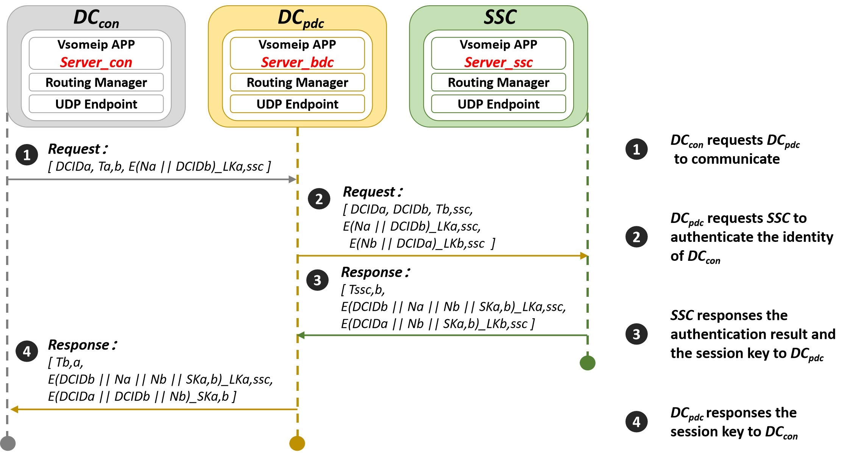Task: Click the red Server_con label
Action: point(96,62)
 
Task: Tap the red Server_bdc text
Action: point(297,62)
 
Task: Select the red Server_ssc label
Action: point(498,62)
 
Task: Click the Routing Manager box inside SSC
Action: point(498,82)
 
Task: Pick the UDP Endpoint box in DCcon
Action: point(96,104)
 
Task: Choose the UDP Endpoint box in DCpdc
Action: point(297,104)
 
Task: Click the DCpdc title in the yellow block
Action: point(301,18)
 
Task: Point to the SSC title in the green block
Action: point(500,17)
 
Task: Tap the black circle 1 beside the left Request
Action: point(27,155)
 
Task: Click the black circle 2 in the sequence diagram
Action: point(319,199)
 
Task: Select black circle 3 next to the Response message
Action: point(317,280)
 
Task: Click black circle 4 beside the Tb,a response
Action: point(27,351)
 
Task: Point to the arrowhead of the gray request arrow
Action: point(293,179)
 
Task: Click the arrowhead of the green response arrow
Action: point(301,335)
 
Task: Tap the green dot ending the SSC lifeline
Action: point(587,363)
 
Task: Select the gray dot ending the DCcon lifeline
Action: point(8,443)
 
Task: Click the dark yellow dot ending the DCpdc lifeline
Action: point(297,443)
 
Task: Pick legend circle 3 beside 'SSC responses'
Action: point(636,334)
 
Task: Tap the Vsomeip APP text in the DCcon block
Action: point(96,44)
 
